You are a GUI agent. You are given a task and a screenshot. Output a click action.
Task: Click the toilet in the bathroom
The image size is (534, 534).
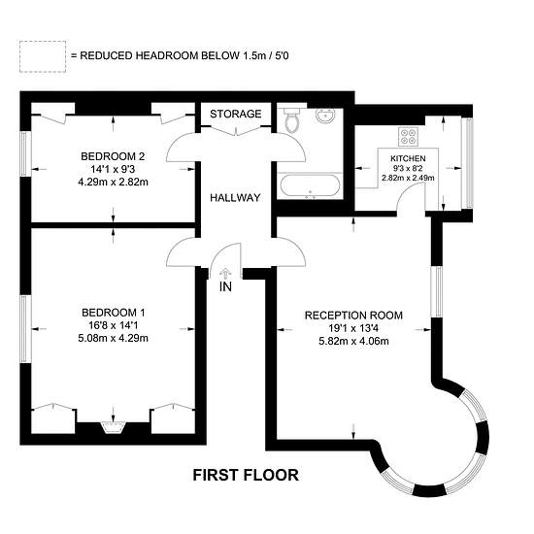[291, 119]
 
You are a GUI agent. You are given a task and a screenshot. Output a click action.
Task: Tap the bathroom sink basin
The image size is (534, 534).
[325, 116]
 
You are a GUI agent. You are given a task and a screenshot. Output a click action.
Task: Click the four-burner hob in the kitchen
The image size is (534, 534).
[409, 137]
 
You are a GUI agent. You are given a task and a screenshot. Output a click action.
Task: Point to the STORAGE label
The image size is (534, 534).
[236, 114]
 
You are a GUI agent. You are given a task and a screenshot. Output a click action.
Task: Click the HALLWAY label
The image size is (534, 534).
[235, 197]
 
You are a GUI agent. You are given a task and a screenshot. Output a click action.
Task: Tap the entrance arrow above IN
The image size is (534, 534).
[225, 274]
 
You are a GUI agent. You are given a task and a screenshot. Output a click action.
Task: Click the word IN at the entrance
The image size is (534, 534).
[225, 287]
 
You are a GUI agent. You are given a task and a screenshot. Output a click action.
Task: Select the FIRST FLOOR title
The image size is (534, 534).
[246, 475]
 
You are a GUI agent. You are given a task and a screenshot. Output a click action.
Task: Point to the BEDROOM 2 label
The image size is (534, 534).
[113, 156]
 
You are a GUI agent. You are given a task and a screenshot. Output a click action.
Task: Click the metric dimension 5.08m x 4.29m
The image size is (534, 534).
[113, 338]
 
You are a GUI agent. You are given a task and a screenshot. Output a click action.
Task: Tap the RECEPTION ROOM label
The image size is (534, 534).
[353, 316]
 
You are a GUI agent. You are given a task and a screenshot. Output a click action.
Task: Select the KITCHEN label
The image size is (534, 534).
[408, 158]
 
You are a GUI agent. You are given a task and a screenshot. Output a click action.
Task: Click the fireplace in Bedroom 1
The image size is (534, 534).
[113, 427]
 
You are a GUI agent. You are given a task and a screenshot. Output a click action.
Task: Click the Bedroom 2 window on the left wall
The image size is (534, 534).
[24, 154]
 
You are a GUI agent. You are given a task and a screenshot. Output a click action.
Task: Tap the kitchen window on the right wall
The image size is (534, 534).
[469, 163]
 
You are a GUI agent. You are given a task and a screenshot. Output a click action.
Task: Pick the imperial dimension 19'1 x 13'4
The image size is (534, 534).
[353, 328]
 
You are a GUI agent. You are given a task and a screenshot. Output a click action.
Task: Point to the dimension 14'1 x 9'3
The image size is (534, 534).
[113, 169]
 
